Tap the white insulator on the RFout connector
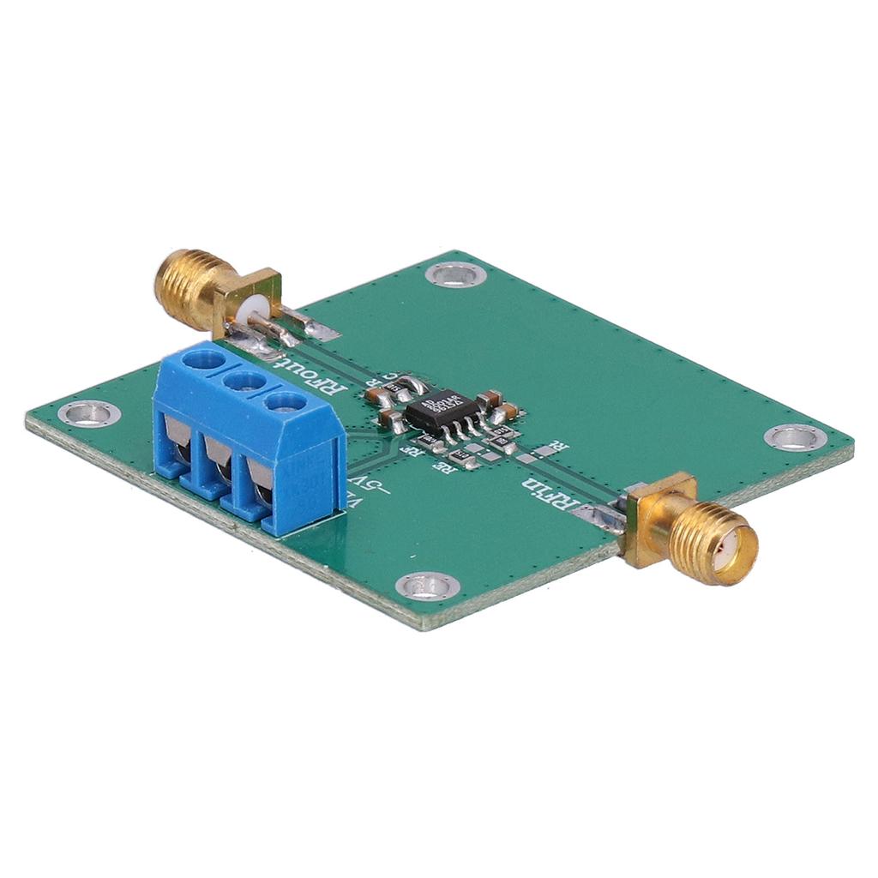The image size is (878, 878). click(x=252, y=310)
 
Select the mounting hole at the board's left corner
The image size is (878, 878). click(x=88, y=413)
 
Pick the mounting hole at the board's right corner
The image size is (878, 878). click(x=795, y=437)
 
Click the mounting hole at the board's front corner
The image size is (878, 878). click(x=427, y=586)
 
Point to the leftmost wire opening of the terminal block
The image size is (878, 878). click(x=181, y=451)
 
